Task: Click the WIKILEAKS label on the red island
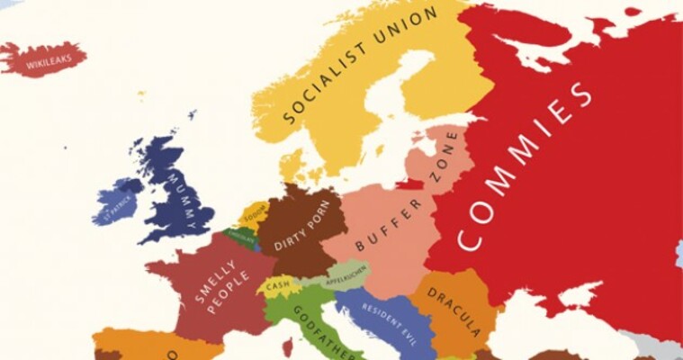(x=44, y=64)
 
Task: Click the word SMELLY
(x=206, y=280)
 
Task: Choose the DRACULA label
(x=454, y=305)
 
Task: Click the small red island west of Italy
(x=287, y=346)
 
